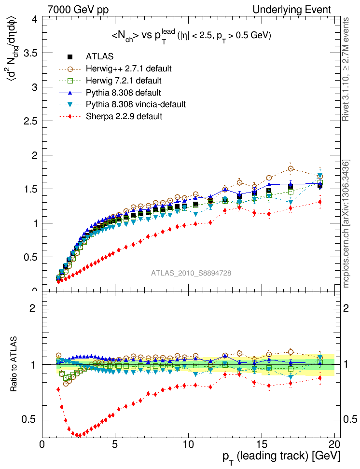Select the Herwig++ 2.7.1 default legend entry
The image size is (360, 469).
click(x=128, y=69)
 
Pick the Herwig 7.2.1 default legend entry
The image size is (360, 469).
click(x=123, y=81)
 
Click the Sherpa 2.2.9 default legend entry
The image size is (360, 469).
click(x=124, y=116)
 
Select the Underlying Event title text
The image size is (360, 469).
click(x=292, y=9)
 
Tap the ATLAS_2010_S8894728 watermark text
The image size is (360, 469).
click(x=191, y=273)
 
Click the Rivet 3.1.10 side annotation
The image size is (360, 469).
click(x=346, y=70)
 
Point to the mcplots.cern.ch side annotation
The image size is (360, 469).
click(x=346, y=224)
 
